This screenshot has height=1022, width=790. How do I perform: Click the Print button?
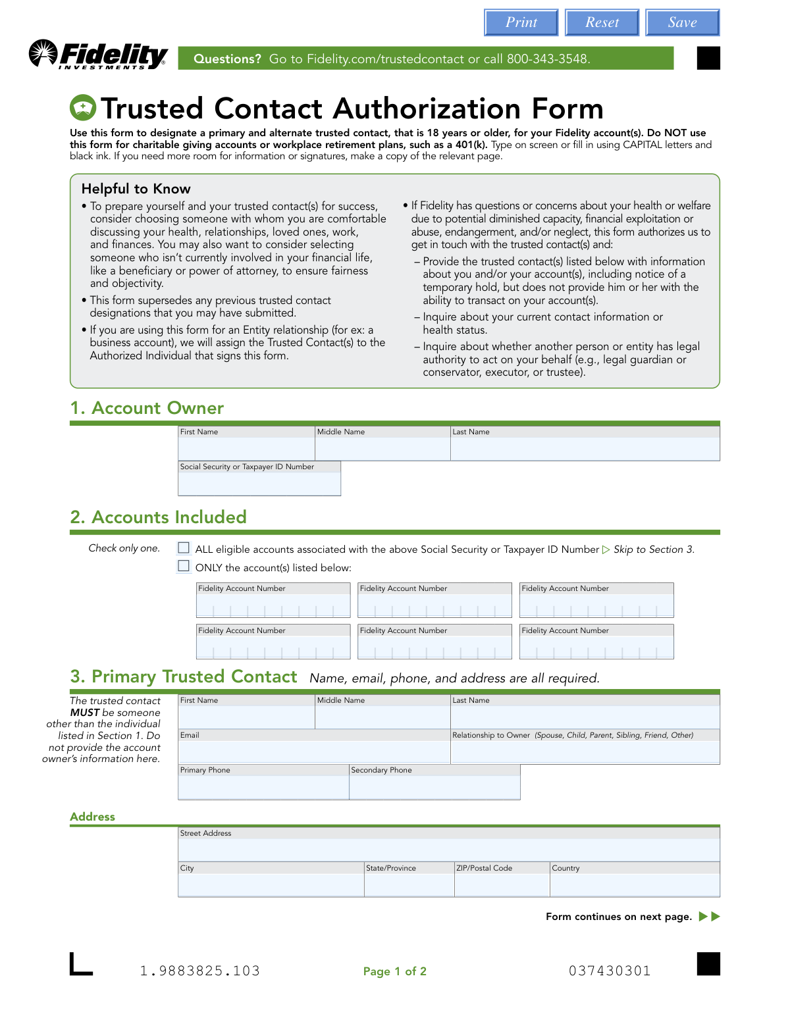coord(521,22)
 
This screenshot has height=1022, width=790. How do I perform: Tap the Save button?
coord(682,22)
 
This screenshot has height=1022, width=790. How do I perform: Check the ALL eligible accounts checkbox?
coord(184,548)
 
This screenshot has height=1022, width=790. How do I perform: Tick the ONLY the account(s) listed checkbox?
coord(184,566)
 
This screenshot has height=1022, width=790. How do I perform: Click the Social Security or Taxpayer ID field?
coord(259,483)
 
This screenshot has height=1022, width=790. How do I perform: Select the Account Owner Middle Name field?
coord(382,449)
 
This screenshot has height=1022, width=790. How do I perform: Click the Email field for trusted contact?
coord(314,752)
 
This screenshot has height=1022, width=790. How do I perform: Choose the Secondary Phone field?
coord(434,787)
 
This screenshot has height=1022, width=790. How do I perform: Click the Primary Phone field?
coord(263,787)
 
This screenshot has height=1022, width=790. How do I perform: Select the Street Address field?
coord(449,850)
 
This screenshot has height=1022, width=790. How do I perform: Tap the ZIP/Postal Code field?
coord(502,884)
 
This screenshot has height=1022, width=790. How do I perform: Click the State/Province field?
coord(409,884)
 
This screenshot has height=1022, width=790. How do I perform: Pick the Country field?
coord(635,884)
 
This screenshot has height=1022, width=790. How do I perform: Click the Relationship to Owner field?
coord(585,752)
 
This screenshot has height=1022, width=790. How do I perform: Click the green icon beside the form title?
coord(83,108)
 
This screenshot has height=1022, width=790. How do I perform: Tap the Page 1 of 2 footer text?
coord(394,971)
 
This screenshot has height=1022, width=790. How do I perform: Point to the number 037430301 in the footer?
coord(610,971)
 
